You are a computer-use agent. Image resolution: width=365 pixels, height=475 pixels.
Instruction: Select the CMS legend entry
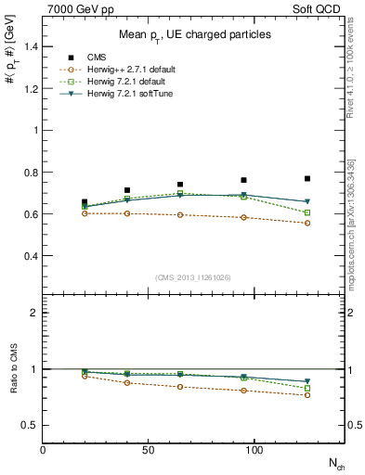[93, 58]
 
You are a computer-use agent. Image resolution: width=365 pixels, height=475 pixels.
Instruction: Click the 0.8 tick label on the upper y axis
[30, 173]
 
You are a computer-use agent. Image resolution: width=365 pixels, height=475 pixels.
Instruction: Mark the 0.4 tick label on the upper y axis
[30, 256]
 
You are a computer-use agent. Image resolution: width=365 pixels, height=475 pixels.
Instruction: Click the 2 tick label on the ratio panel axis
[33, 314]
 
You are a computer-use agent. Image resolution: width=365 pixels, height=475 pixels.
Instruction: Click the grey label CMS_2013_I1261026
[193, 277]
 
